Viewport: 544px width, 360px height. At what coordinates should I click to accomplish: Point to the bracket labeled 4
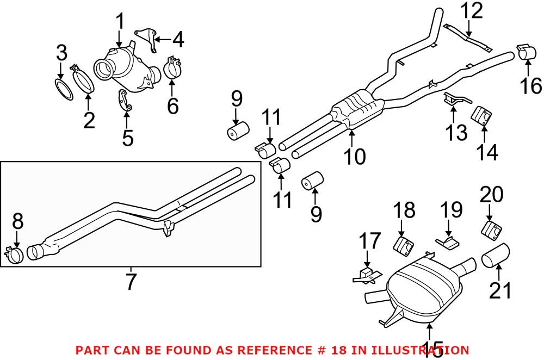(145, 39)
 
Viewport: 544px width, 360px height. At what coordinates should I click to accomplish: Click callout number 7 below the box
(131, 281)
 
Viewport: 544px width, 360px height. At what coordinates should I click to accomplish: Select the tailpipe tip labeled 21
(496, 256)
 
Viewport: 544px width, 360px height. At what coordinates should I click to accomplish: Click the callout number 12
(473, 11)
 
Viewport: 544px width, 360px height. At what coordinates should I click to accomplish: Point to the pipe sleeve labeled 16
(526, 53)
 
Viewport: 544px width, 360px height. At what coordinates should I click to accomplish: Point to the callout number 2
(89, 120)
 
